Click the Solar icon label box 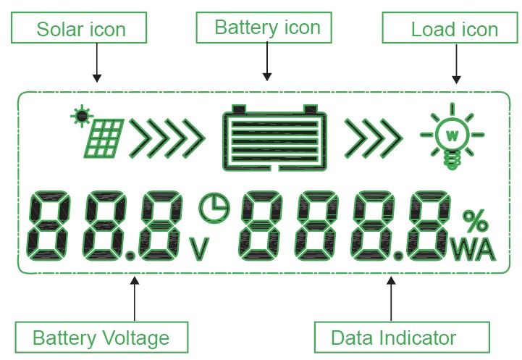(x=81, y=30)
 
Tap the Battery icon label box (x=267, y=28)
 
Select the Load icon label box (x=454, y=30)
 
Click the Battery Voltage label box (x=101, y=338)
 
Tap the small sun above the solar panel (x=81, y=114)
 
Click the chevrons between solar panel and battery (x=166, y=138)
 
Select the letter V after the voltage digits (x=199, y=248)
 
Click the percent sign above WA (x=474, y=220)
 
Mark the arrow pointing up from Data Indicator (x=392, y=297)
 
